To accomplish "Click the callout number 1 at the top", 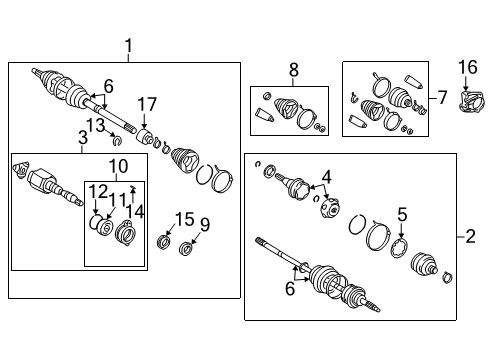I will [x=128, y=44].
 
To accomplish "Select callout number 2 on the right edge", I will [x=471, y=236].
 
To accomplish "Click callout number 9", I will [x=206, y=223].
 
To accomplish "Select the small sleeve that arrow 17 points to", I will [x=146, y=135].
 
